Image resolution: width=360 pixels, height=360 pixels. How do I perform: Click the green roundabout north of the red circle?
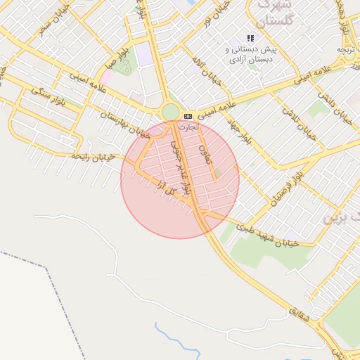pyautogui.click(x=170, y=112)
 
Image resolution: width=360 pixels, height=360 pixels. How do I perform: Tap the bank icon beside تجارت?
pyautogui.click(x=187, y=116)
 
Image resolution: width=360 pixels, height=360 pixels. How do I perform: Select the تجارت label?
pyautogui.click(x=189, y=127)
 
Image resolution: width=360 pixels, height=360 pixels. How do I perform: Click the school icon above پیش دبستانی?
pyautogui.click(x=250, y=38)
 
